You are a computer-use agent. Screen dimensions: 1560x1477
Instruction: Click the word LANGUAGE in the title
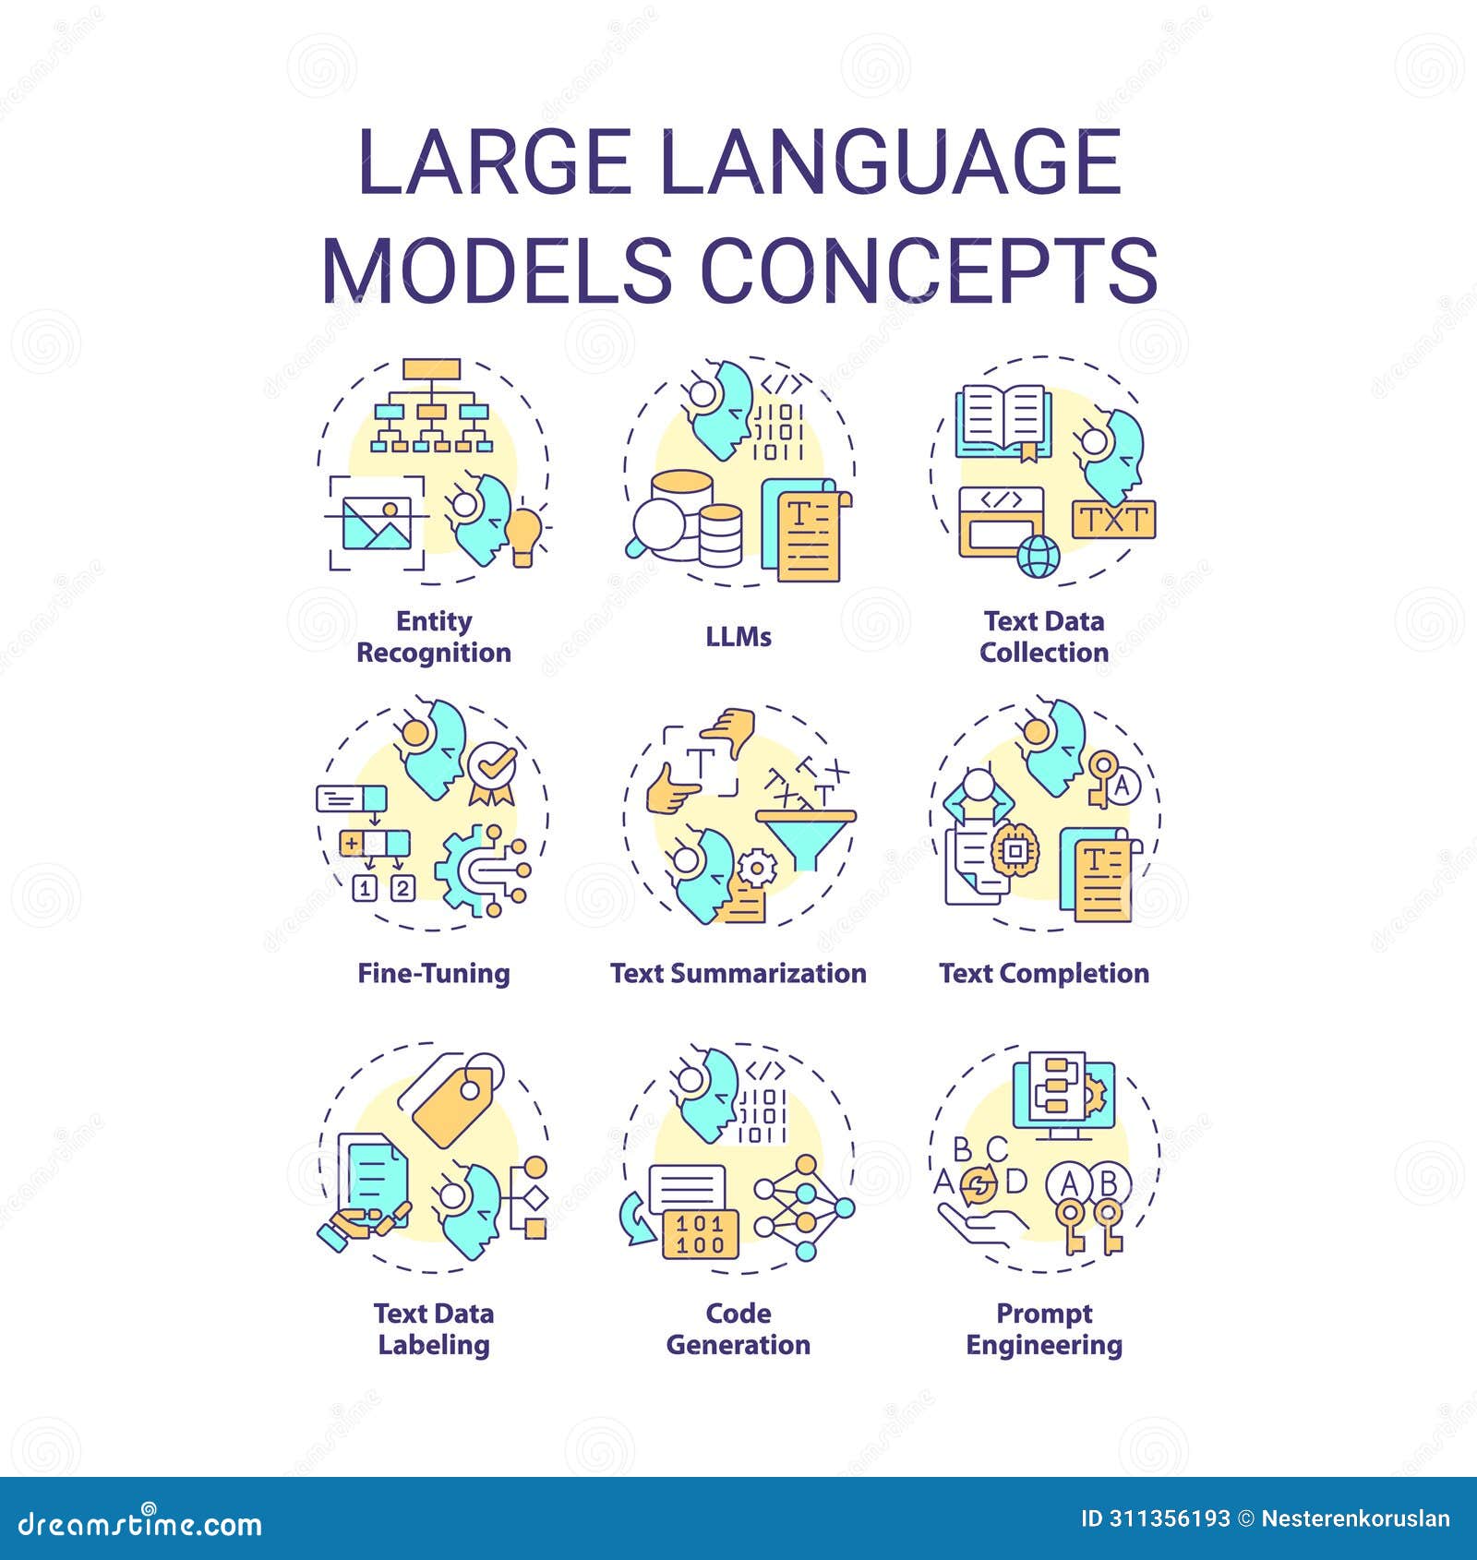pos(891,162)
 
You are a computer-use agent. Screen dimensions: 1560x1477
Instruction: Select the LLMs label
pos(738,637)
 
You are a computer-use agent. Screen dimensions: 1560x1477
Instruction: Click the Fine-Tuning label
pos(434,974)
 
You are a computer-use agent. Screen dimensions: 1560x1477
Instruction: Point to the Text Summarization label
pos(738,974)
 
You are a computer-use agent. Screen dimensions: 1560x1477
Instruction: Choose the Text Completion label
pos(1044,974)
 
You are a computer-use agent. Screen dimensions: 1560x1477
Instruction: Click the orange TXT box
pos(1114,520)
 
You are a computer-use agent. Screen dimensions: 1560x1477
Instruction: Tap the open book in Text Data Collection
pos(1002,422)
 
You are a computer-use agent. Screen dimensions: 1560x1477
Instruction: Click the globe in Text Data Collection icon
pos(1039,557)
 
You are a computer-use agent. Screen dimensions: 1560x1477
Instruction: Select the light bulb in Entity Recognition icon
pos(524,535)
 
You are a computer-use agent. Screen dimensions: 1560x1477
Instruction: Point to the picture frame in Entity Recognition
pos(377,523)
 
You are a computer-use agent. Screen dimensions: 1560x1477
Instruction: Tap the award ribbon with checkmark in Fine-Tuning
pos(492,772)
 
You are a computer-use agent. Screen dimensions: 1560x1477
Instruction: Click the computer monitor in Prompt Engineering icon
pos(1064,1098)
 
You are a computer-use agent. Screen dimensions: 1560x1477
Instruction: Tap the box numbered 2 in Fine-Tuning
pos(402,889)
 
